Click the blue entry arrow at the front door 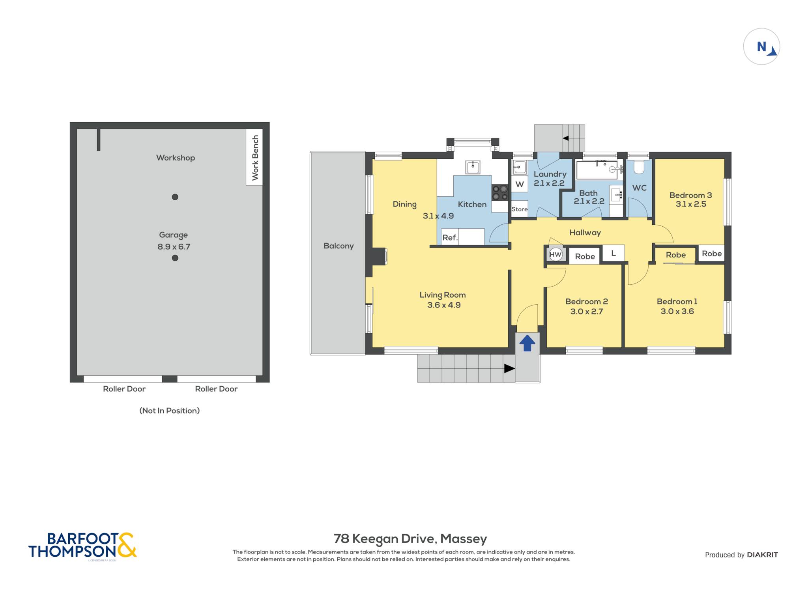(x=527, y=343)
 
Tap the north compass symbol (x=761, y=47)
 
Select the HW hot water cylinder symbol (x=555, y=254)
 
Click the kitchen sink (x=473, y=167)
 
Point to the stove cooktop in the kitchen (x=499, y=193)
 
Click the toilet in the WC (x=639, y=167)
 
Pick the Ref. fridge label (x=450, y=237)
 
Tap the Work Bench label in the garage (x=255, y=158)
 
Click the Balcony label (x=339, y=246)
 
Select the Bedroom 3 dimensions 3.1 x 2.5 (x=691, y=204)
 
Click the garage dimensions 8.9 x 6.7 (x=174, y=247)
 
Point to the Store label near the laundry (x=519, y=209)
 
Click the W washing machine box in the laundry (x=520, y=184)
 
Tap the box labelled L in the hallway (x=613, y=253)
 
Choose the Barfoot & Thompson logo (x=82, y=546)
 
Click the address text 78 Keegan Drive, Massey (x=410, y=539)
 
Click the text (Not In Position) (x=170, y=410)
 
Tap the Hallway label (x=585, y=233)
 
